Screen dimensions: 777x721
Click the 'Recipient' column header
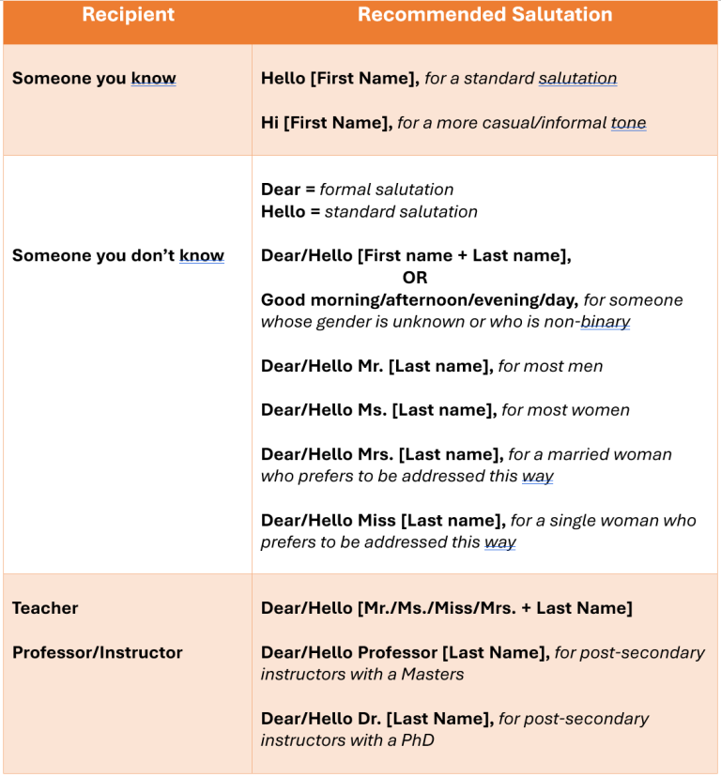(x=128, y=15)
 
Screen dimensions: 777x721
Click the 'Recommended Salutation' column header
(x=485, y=15)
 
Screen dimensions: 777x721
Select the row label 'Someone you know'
(x=94, y=79)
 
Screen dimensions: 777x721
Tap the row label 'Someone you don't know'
(x=118, y=255)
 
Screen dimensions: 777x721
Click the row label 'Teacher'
(x=45, y=608)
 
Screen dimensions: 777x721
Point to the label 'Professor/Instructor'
(x=98, y=652)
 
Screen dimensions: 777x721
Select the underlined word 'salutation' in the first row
(x=577, y=79)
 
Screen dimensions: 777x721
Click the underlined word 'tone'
(x=628, y=123)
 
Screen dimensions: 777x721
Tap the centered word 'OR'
(x=415, y=278)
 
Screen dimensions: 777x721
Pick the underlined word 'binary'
(x=606, y=322)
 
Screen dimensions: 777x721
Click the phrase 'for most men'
(x=551, y=366)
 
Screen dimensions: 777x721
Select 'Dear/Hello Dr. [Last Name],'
(x=377, y=719)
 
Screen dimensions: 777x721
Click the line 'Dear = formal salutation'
(x=357, y=190)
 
